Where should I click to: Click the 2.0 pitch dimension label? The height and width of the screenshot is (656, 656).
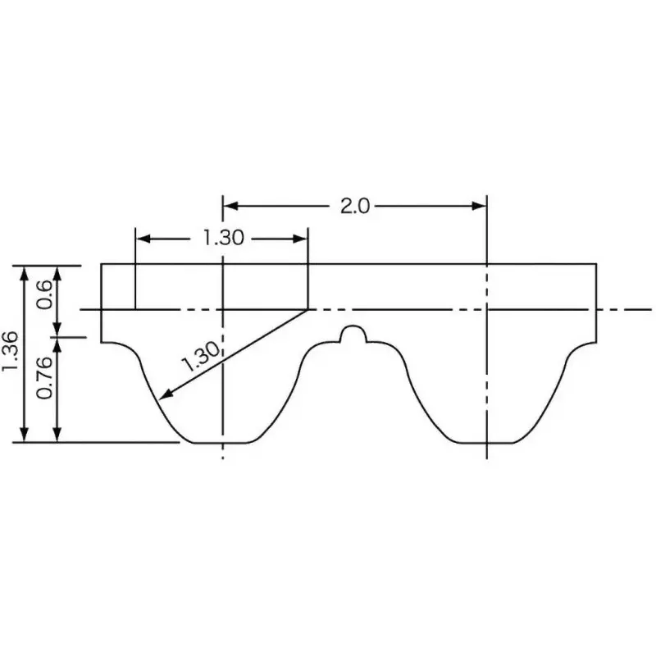click(x=354, y=206)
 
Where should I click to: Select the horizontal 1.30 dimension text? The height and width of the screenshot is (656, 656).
click(x=223, y=239)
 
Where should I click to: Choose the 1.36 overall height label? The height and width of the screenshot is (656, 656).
click(x=11, y=353)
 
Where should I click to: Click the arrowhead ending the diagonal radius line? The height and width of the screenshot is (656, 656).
click(x=163, y=396)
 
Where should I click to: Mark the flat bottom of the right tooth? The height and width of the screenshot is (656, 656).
click(x=487, y=442)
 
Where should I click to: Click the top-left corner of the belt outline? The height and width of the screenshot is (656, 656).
click(x=101, y=264)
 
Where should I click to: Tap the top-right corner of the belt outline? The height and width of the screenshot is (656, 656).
click(x=596, y=264)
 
